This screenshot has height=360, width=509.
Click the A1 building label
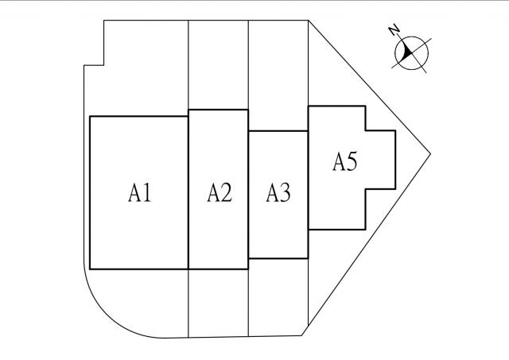139,192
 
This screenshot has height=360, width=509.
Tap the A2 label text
220,192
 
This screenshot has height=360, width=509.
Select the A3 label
278,192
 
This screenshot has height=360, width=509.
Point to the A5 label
344,162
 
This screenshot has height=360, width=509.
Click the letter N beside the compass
394,30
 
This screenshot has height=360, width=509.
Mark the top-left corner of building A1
90,117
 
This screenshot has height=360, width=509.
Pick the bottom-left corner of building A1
90,269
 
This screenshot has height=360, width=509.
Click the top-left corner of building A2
188,110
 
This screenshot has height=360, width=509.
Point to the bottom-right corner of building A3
308,258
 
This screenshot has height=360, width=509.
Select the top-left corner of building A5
308,106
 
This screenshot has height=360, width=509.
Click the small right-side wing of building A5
379,159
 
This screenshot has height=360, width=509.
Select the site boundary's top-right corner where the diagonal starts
308,21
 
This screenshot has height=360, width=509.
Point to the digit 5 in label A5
352,162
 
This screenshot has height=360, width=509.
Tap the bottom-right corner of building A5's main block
365,229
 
